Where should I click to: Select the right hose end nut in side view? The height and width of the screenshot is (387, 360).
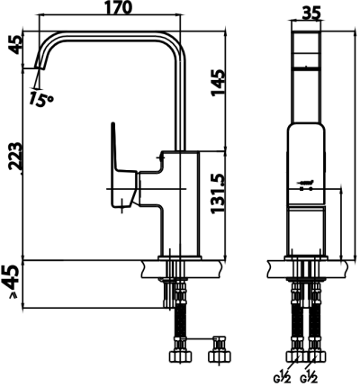[219, 346]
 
